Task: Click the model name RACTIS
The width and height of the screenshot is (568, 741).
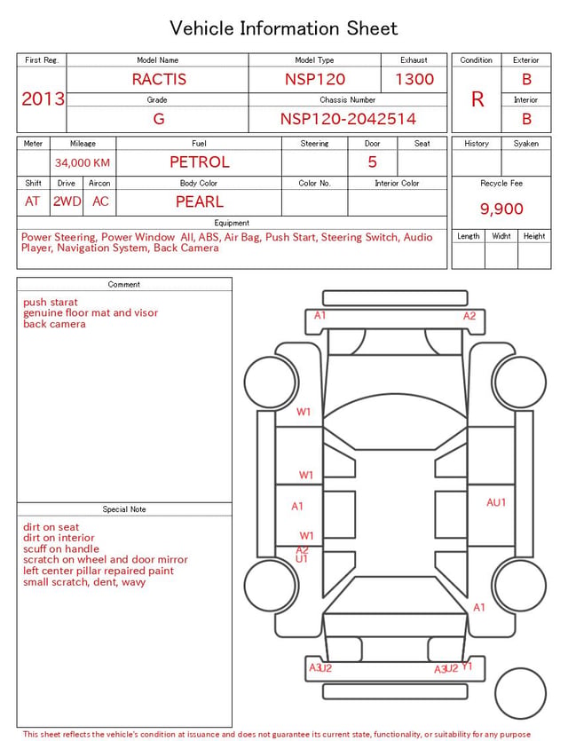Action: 159,79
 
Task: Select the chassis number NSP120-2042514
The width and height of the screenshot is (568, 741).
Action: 348,119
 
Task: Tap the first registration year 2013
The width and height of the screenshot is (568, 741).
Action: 43,99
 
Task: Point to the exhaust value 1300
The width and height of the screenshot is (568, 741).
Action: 414,79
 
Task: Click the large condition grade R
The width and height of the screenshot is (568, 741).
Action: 477,99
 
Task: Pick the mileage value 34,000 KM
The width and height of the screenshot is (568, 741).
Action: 83,163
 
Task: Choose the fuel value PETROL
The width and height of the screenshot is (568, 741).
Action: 200,162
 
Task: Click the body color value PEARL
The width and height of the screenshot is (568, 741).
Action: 200,201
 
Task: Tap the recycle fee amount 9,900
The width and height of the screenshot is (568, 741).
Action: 501,209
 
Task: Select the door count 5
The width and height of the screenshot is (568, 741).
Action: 373,162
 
